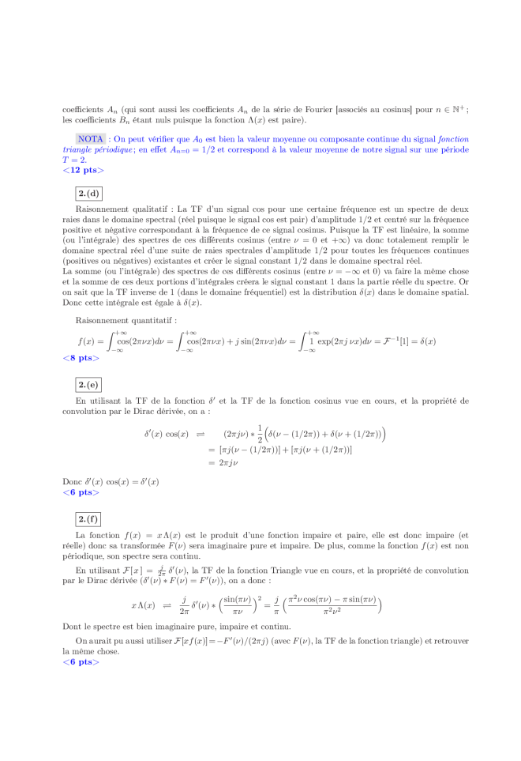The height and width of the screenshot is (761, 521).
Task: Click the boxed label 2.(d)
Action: coord(88,193)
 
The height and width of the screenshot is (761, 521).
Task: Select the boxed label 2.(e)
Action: coord(88,385)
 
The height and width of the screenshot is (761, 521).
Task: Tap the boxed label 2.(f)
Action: coord(88,518)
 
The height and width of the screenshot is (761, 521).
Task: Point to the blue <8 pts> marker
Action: coord(81,358)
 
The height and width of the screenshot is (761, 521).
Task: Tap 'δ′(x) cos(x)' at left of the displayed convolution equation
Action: coord(165,434)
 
